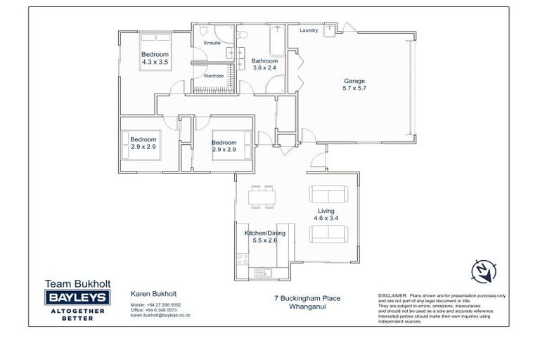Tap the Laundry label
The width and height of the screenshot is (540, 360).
pyautogui.click(x=309, y=31)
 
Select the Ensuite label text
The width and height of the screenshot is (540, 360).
pyautogui.click(x=212, y=44)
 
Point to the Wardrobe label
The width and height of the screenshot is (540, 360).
pyautogui.click(x=213, y=76)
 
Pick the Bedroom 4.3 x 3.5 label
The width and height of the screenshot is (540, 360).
pyautogui.click(x=155, y=58)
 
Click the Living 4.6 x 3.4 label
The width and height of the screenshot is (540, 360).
pyautogui.click(x=326, y=214)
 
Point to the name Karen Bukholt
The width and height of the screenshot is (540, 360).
pyautogui.click(x=153, y=294)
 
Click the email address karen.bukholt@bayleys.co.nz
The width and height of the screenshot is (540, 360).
pyautogui.click(x=160, y=316)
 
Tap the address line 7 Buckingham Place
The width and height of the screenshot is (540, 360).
pyautogui.click(x=307, y=298)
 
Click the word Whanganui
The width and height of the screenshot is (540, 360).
pyautogui.click(x=307, y=306)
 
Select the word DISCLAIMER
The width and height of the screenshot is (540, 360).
pyautogui.click(x=392, y=296)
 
